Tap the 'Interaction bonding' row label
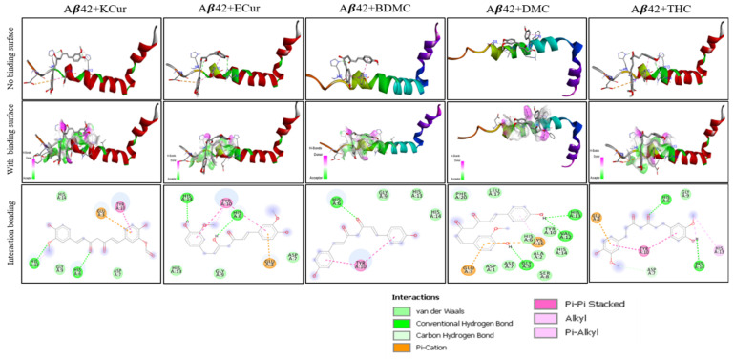point(8,232)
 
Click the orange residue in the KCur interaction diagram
point(100,212)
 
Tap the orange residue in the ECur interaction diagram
point(269,261)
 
